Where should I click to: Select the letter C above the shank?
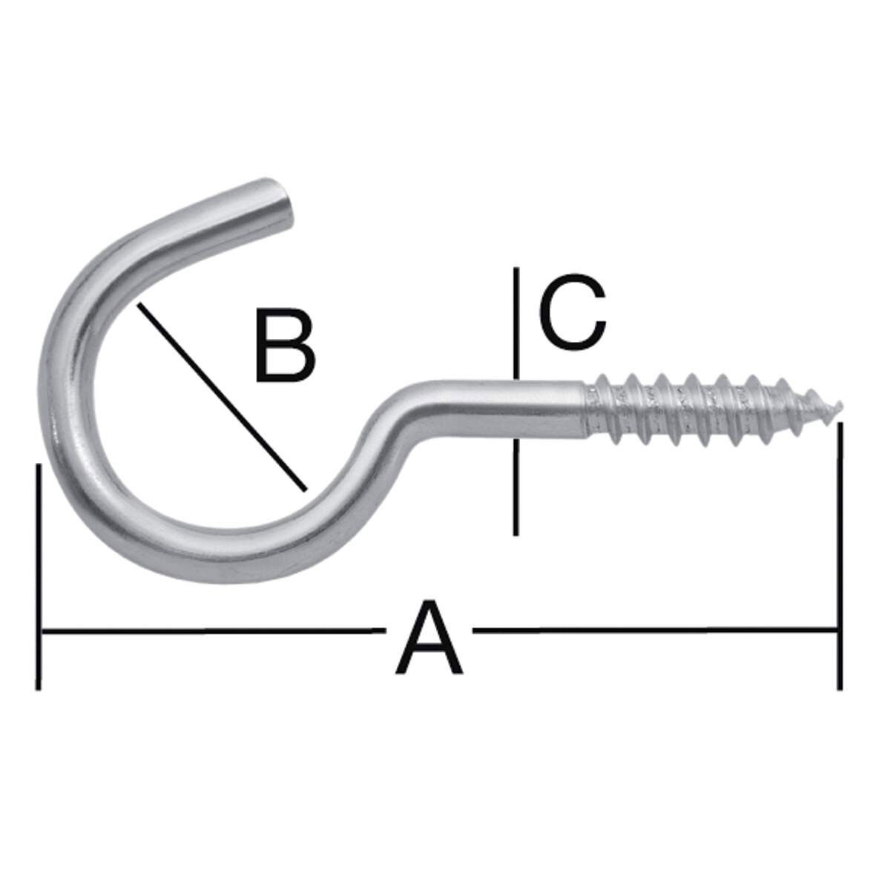point(572,312)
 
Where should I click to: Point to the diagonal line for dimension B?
point(220,397)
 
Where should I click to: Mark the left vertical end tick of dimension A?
point(38,576)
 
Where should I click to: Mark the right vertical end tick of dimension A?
point(839,556)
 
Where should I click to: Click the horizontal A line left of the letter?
point(208,631)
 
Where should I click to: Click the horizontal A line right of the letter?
point(653,631)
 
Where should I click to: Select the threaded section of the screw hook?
point(705,412)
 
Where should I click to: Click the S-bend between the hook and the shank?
point(378,445)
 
